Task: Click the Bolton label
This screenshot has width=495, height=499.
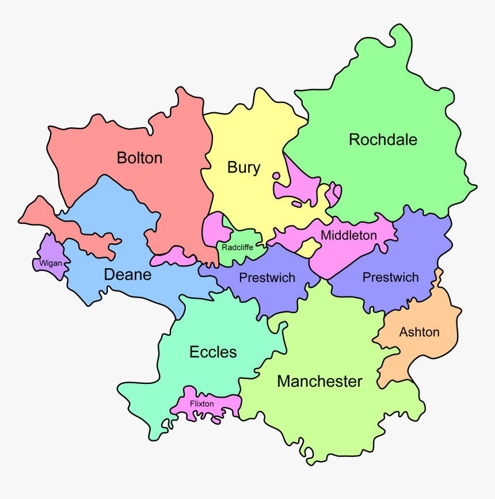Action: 139,158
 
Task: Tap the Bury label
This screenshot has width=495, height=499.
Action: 243,168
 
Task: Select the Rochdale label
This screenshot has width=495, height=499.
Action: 383,140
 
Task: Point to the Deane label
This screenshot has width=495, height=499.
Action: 127,275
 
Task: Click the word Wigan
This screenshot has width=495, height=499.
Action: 51,264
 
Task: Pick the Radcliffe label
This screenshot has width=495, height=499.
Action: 237,247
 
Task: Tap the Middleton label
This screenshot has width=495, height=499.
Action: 349,235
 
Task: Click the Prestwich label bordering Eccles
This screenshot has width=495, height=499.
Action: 267,278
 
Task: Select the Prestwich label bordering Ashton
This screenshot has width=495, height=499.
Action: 390,277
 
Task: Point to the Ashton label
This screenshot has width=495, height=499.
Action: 419,332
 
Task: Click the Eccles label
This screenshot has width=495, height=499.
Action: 213,352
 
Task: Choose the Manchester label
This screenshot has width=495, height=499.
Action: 319,381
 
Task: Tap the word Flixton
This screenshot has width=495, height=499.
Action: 201,404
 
